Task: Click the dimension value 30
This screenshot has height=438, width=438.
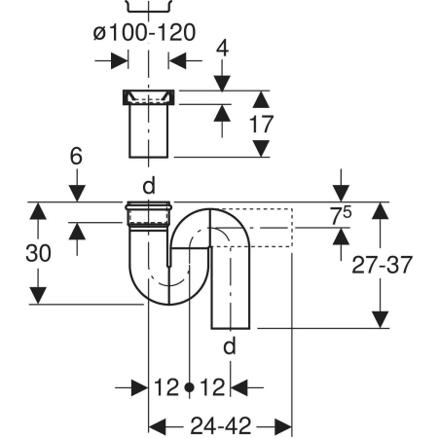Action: click(x=38, y=252)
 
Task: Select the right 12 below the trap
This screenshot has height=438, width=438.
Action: click(x=212, y=387)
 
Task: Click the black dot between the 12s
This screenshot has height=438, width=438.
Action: click(x=188, y=387)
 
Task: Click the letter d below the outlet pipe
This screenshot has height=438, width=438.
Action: click(x=231, y=347)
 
